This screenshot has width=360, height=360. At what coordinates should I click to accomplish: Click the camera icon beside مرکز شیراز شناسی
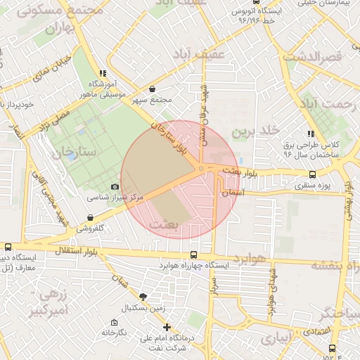tap(115, 186)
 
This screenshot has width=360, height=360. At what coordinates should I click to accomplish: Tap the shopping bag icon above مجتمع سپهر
tap(153, 89)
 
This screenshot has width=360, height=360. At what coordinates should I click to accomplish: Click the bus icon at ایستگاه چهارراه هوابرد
tap(194, 255)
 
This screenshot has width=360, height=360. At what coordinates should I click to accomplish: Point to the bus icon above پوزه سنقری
tap(312, 174)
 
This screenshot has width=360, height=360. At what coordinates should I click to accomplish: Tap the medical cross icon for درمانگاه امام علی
tap(167, 327)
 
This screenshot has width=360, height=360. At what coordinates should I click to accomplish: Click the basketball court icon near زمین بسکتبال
tap(144, 297)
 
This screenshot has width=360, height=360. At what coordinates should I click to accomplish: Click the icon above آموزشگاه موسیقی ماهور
tap(103, 72)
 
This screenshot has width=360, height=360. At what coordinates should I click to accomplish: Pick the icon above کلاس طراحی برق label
tap(310, 134)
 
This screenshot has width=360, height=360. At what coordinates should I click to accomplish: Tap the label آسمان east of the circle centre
tap(232, 191)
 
